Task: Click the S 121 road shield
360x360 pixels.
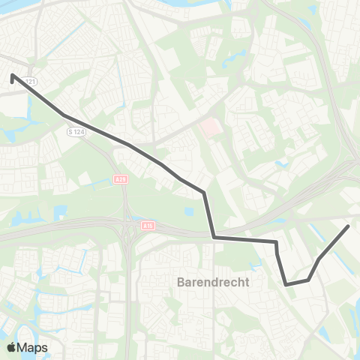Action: [29, 82]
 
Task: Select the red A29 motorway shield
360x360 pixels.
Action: [121, 178]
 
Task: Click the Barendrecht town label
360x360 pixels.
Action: [212, 283]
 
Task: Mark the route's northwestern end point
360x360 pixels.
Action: [13, 75]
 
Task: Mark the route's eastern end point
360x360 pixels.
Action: [348, 226]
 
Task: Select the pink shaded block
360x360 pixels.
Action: [211, 130]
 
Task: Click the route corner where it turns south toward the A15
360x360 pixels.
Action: [204, 193]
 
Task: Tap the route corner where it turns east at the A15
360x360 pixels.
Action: [214, 238]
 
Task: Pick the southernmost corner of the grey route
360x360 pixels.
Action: [286, 284]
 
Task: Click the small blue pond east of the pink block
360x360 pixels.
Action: [281, 163]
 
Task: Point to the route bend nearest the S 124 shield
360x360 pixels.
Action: [66, 115]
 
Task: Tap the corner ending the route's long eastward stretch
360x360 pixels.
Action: [277, 242]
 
